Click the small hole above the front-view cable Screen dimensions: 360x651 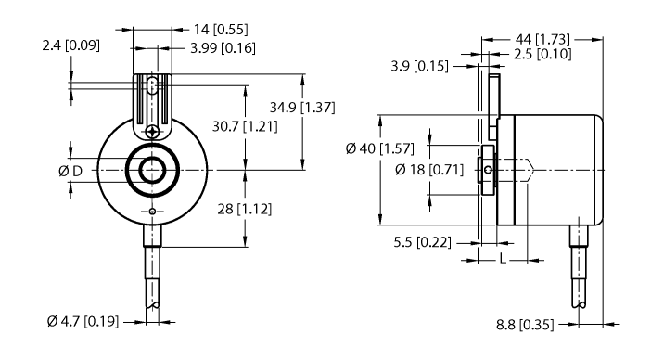coord(152,212)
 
